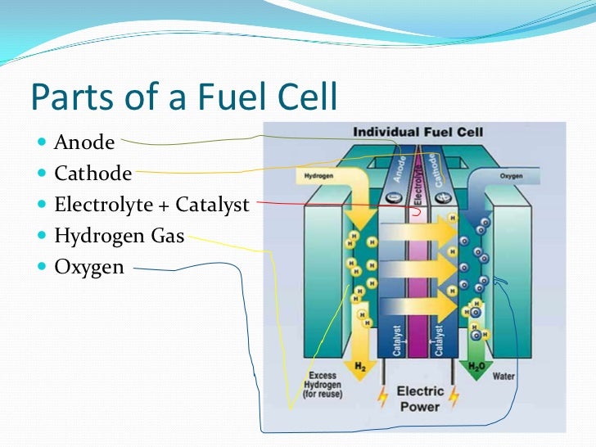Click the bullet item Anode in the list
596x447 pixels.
pyautogui.click(x=84, y=142)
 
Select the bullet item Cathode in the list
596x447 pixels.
pyautogui.click(x=93, y=174)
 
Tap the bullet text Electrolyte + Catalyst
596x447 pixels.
pyautogui.click(x=151, y=205)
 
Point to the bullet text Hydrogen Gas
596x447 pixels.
pyautogui.click(x=119, y=236)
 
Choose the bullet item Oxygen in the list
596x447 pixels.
pyautogui.click(x=89, y=267)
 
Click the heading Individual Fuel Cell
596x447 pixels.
pyautogui.click(x=418, y=132)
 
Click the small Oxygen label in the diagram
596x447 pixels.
pyautogui.click(x=512, y=175)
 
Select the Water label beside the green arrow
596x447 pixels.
pyautogui.click(x=503, y=377)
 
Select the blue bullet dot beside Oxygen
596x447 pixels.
pyautogui.click(x=43, y=267)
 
